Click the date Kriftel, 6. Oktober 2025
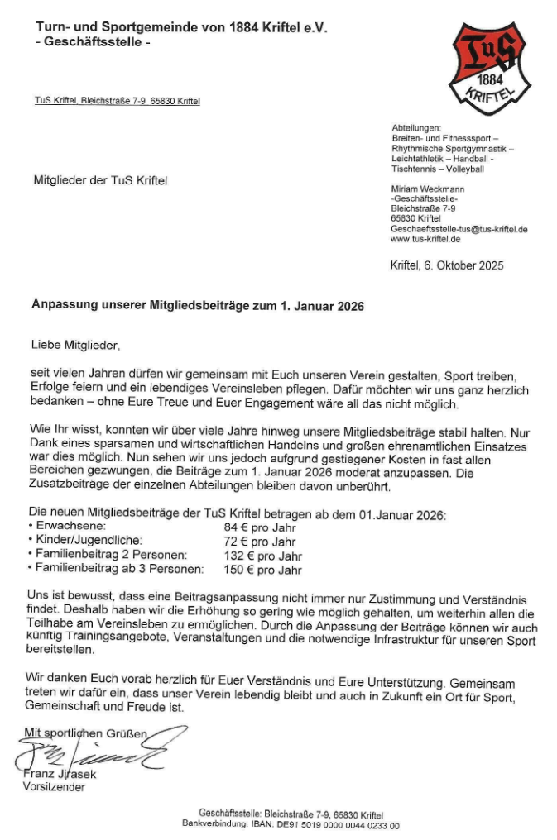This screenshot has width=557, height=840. (446, 265)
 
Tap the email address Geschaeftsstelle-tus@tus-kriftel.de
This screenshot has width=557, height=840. (459, 229)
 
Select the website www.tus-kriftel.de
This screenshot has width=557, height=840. (426, 239)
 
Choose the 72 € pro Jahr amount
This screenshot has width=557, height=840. (260, 542)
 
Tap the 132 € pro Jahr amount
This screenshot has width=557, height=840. (262, 556)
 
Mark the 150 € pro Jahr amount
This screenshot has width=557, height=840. (262, 570)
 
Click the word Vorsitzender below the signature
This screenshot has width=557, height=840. (53, 787)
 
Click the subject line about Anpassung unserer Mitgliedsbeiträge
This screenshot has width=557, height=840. (198, 304)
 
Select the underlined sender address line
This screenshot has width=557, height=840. (117, 102)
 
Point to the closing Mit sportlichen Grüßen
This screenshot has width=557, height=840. (85, 733)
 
